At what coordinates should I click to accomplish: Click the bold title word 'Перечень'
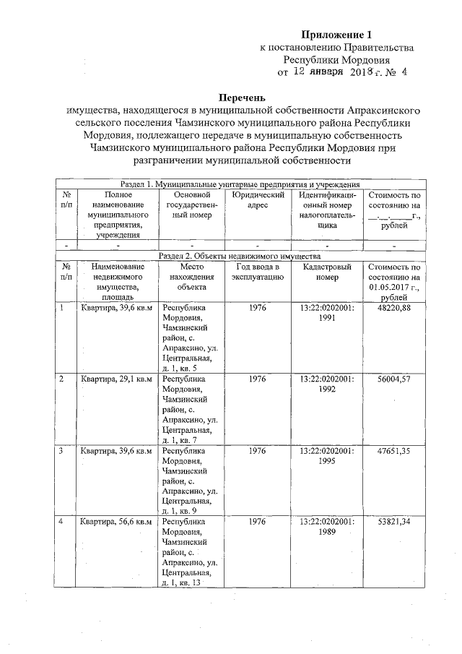[x=243, y=97]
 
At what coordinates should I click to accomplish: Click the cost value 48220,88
[x=393, y=309]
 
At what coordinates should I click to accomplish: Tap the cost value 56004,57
[x=393, y=379]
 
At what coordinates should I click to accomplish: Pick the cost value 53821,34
[x=393, y=521]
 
